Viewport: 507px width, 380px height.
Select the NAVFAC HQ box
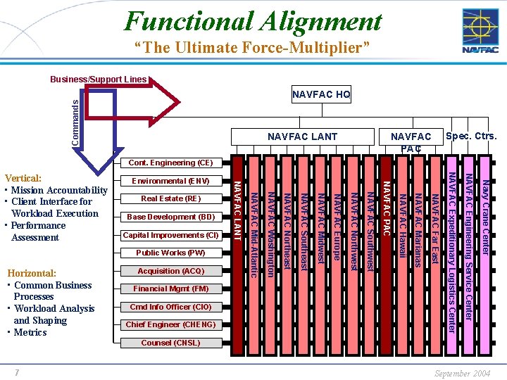pyautogui.click(x=321, y=94)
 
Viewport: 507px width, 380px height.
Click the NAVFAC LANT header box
pyautogui.click(x=302, y=136)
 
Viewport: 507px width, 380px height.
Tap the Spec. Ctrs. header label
pyautogui.click(x=471, y=135)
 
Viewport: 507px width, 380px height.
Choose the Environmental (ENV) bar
pyautogui.click(x=170, y=181)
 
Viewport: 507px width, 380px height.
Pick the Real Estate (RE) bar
pyautogui.click(x=170, y=199)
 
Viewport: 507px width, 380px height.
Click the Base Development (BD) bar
pyautogui.click(x=170, y=217)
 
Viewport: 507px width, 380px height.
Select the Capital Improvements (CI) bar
pyautogui.click(x=170, y=235)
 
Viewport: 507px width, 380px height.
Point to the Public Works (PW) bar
pyautogui.click(x=170, y=253)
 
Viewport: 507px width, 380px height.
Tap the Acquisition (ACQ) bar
pyautogui.click(x=170, y=271)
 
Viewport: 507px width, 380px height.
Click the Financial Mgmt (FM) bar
pyautogui.click(x=170, y=289)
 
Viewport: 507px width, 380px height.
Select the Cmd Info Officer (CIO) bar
pyautogui.click(x=170, y=307)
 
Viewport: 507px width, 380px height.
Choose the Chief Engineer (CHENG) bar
pyautogui.click(x=170, y=324)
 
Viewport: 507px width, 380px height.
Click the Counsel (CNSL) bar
pyautogui.click(x=170, y=343)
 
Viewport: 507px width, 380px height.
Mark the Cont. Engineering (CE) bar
pyautogui.click(x=170, y=163)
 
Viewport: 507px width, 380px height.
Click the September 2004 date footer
pyautogui.click(x=463, y=373)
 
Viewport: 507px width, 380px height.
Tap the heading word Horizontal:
pyautogui.click(x=31, y=273)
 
